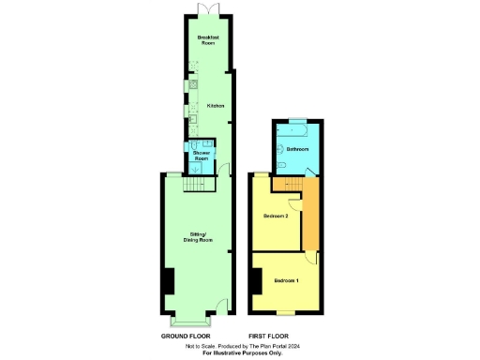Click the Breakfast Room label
(208, 39)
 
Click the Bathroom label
(298, 149)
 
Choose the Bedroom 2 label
(275, 217)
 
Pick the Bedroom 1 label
(286, 280)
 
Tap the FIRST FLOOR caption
(268, 336)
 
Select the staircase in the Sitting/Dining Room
(194, 184)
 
